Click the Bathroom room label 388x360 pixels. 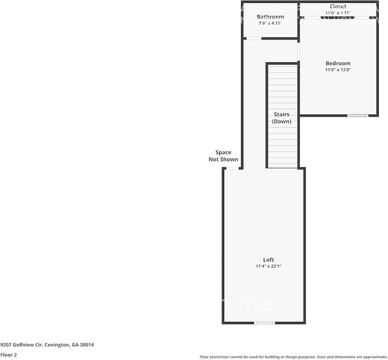pyautogui.click(x=270, y=17)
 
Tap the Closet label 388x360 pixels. pyautogui.click(x=338, y=6)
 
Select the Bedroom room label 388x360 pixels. pyautogui.click(x=338, y=63)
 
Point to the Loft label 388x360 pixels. pyautogui.click(x=268, y=260)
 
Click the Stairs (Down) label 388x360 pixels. pyautogui.click(x=282, y=118)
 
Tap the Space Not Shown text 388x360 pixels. pyautogui.click(x=223, y=156)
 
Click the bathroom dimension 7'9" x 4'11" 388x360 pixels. pyautogui.click(x=270, y=23)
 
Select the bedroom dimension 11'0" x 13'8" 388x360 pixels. pyautogui.click(x=338, y=70)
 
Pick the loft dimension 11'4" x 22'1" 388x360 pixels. pyautogui.click(x=268, y=266)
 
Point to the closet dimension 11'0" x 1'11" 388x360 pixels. pyautogui.click(x=338, y=13)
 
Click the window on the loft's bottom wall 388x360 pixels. pyautogui.click(x=264, y=323)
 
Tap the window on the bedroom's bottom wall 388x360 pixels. pyautogui.click(x=358, y=116)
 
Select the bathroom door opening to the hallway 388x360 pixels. pyautogui.click(x=254, y=38)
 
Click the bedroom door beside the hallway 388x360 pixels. pyautogui.click(x=299, y=52)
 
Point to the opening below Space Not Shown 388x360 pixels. pyautogui.click(x=232, y=168)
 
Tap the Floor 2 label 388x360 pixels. pyautogui.click(x=8, y=355)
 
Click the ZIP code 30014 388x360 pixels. pyautogui.click(x=87, y=345)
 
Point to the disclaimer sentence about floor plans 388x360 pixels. pyautogui.click(x=293, y=357)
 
